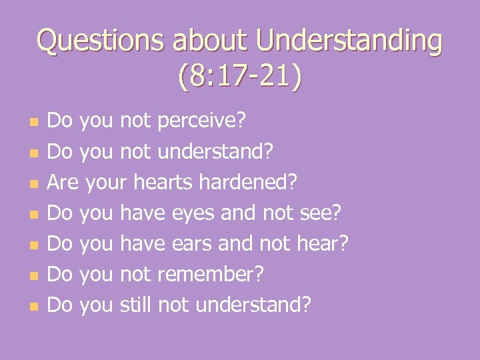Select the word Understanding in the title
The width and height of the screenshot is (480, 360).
coord(349,41)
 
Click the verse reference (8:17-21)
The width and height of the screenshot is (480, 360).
coord(240,77)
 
